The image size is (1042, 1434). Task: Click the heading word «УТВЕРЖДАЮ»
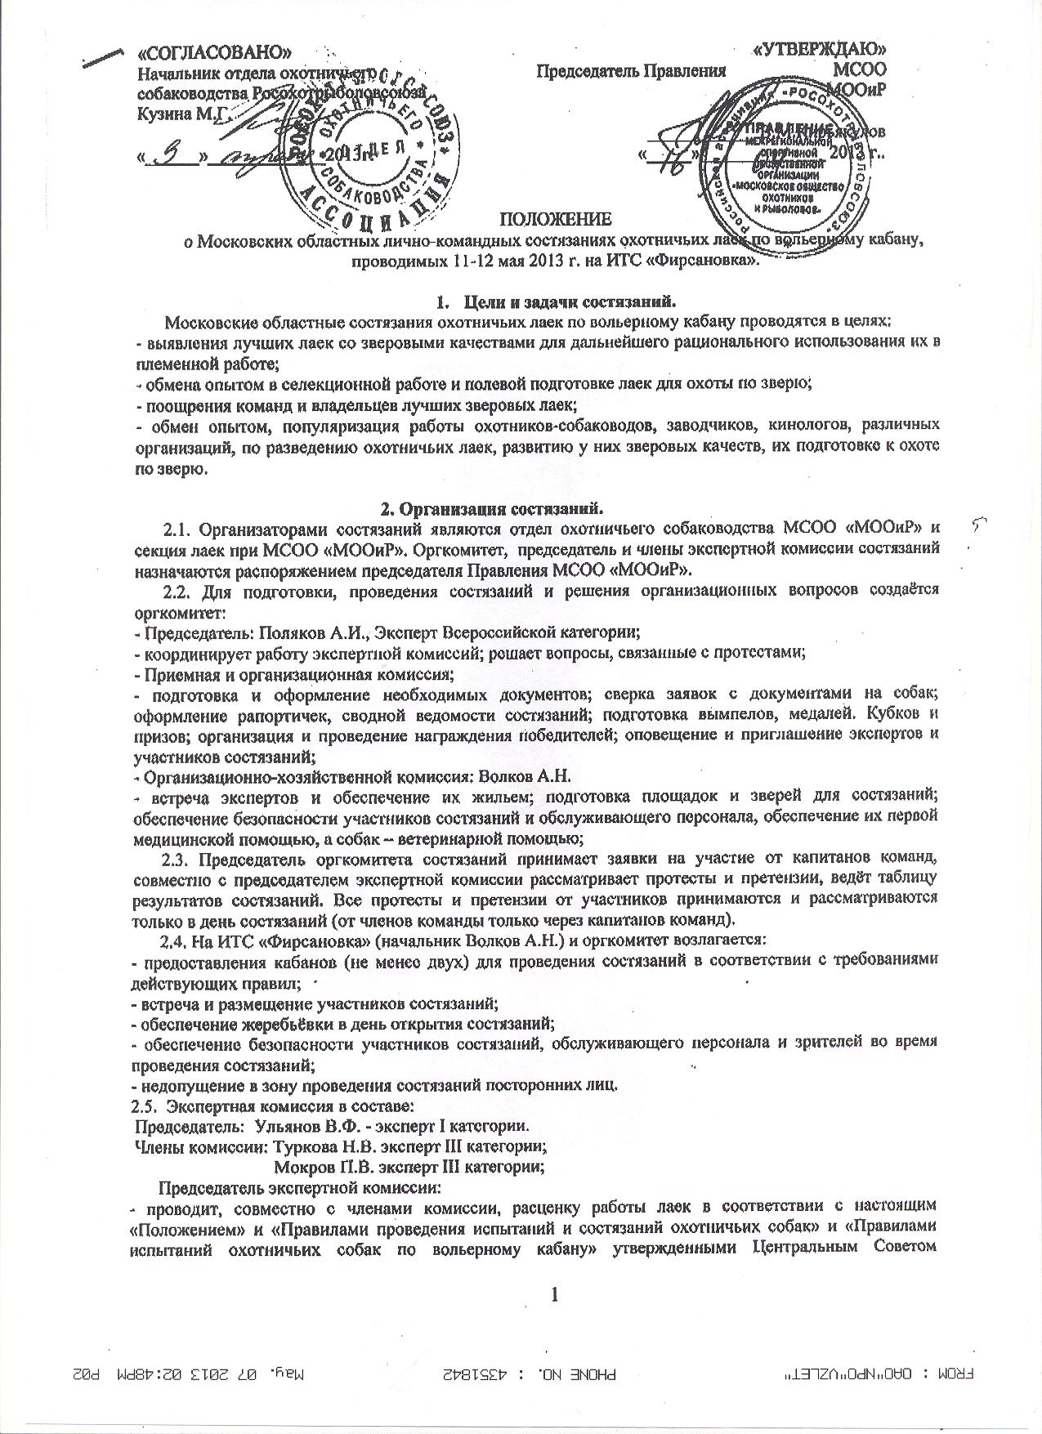point(819,51)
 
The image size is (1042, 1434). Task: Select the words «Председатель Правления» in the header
point(631,70)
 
